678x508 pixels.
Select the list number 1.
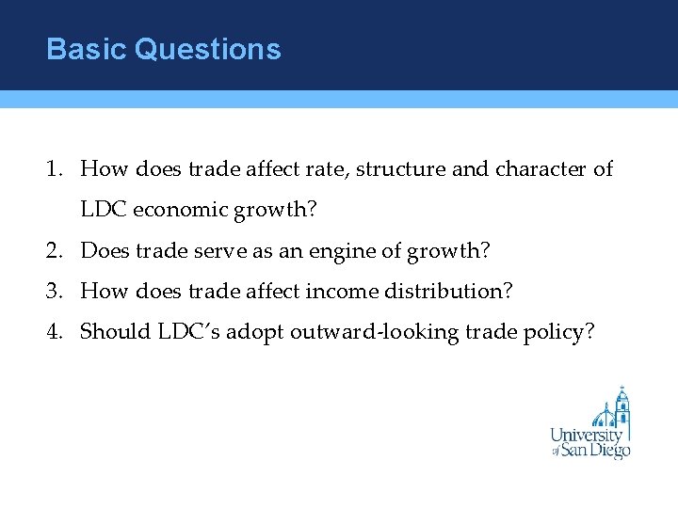click(x=53, y=169)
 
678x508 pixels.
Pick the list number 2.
click(x=53, y=251)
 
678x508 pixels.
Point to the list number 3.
click(x=53, y=292)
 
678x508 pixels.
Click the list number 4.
click(x=53, y=332)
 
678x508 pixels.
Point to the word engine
click(x=363, y=251)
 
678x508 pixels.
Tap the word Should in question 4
click(x=112, y=332)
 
